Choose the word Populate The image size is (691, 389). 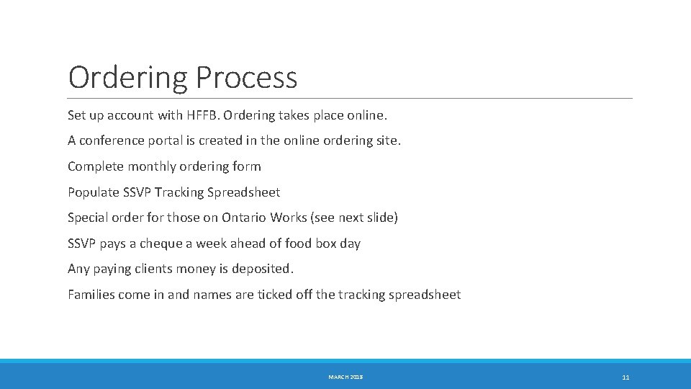coord(94,192)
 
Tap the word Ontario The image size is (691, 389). coord(245,218)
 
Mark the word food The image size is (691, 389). coord(299,243)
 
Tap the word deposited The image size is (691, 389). coord(262,269)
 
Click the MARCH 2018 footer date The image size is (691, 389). coord(345,377)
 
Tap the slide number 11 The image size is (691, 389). coord(625,377)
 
